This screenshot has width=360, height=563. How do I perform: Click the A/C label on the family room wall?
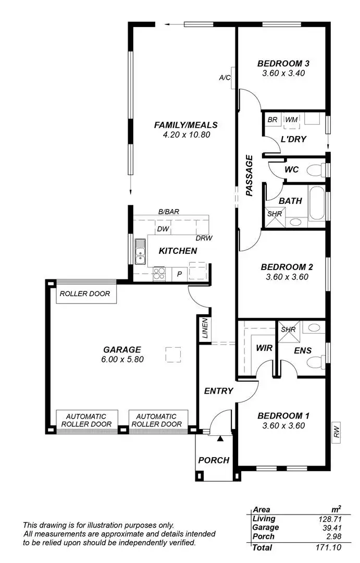coord(225,78)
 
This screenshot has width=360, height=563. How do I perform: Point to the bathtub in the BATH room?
coord(316,203)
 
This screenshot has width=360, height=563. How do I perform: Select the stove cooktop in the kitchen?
coord(159,272)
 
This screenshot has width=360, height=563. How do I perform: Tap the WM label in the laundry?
coord(292,120)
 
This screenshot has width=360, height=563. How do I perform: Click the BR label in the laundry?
coord(272,120)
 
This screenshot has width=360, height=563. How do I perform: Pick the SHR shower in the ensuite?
coord(288,330)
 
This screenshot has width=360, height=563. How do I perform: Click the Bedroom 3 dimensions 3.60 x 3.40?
coord(283,74)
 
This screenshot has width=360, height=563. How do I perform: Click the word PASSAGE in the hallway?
coord(249,175)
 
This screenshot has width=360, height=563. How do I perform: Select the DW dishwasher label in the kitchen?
coord(162,229)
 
